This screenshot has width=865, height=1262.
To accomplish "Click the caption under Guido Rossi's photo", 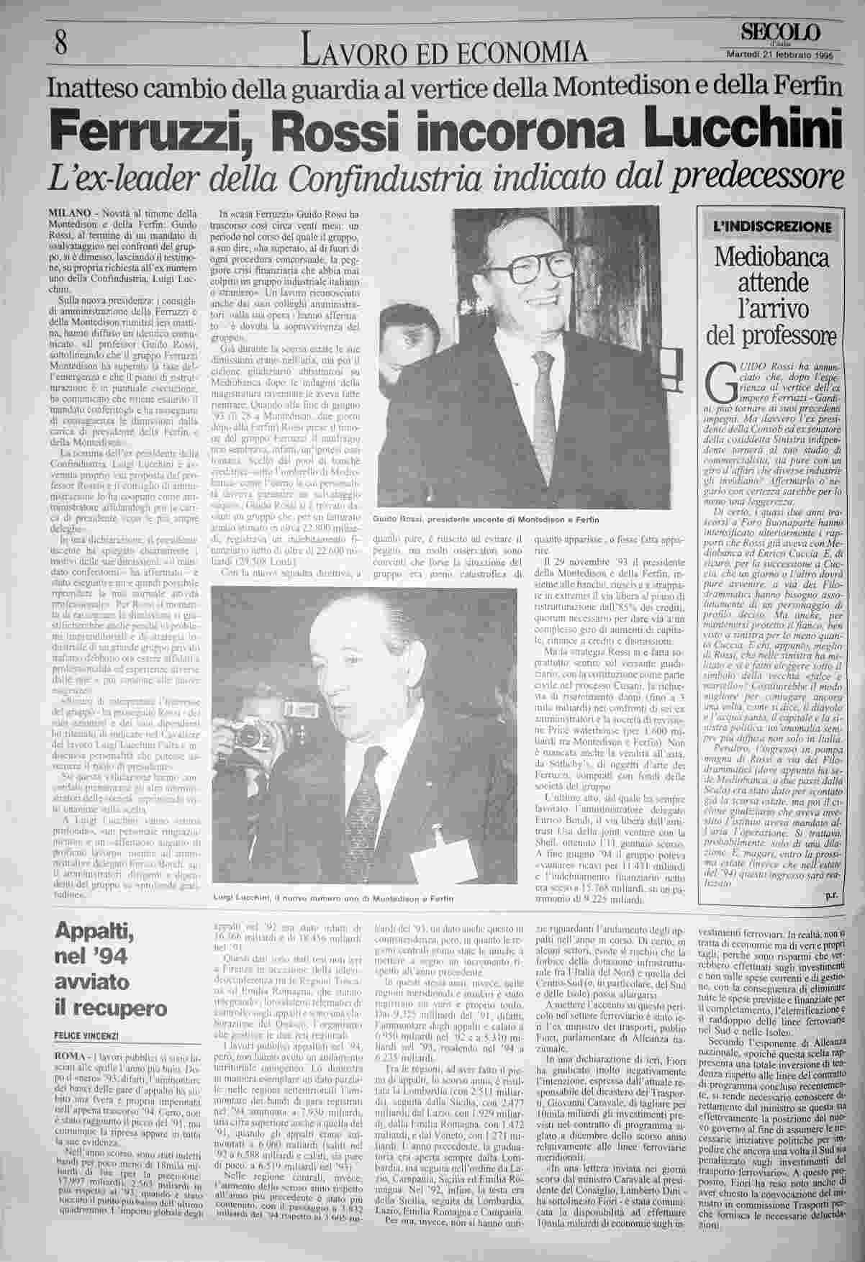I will pyautogui.click(x=486, y=519).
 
